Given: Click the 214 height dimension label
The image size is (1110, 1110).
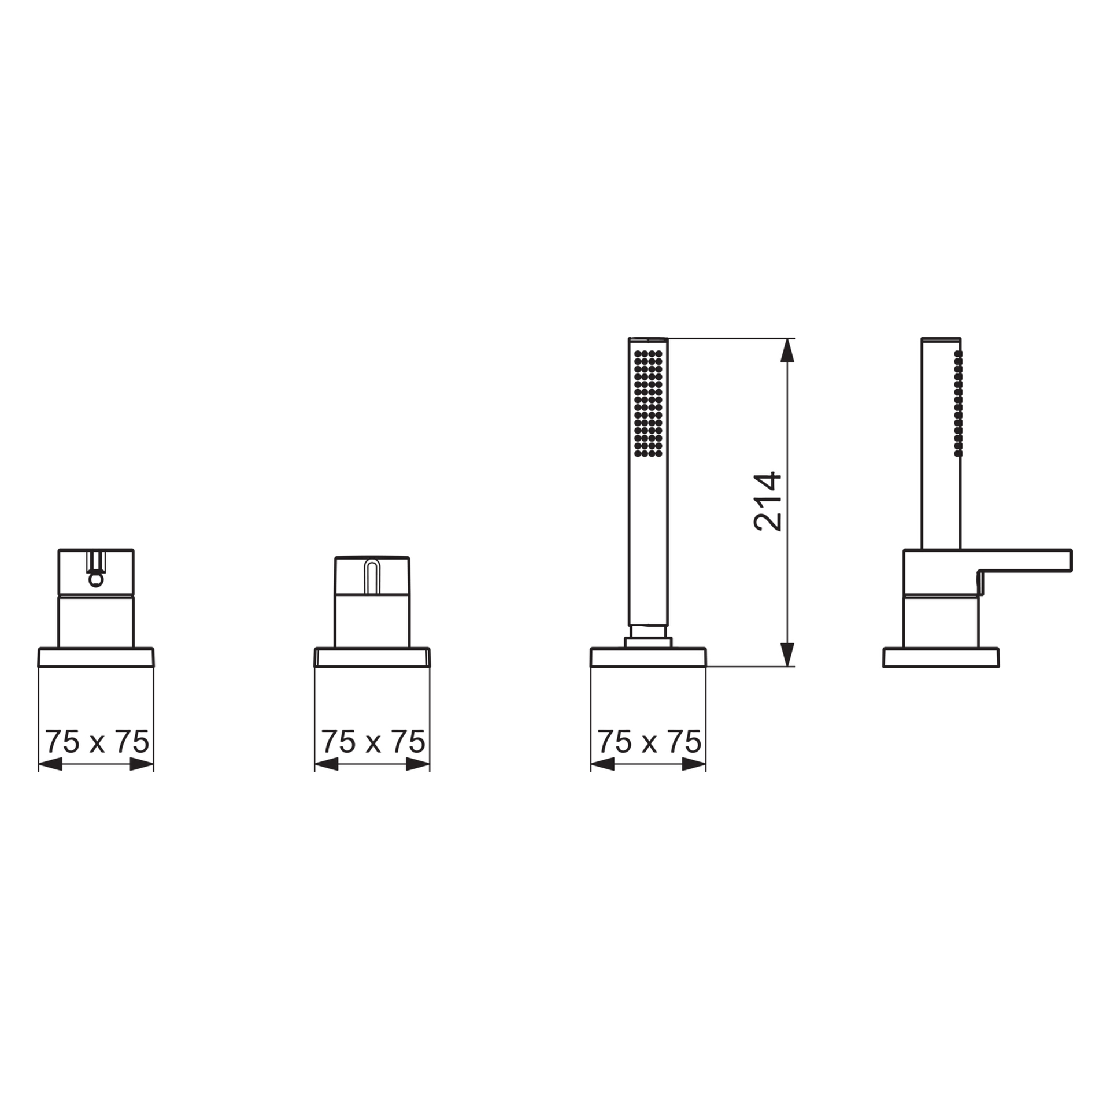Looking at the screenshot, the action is point(768,502).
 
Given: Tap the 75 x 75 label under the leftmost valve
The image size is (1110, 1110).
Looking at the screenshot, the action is point(97,742).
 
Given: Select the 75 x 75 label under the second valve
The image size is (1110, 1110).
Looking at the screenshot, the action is point(373,742).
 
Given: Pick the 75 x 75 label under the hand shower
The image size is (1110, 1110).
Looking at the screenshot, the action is point(649,742).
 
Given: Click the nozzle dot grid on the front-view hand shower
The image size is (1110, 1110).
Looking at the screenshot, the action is point(648,404).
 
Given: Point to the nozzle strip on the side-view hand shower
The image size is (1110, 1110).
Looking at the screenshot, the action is point(959,404).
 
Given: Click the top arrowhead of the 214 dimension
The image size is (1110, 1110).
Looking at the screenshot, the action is point(787,350).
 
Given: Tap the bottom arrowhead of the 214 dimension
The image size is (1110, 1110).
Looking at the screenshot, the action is point(787,654).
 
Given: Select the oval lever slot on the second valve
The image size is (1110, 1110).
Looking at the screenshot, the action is point(372,576).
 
